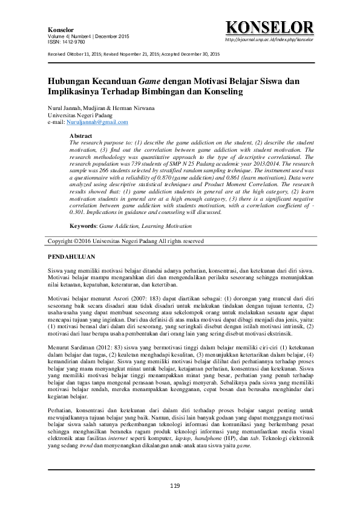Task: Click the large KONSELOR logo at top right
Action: click(x=269, y=27)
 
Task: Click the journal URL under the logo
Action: click(x=269, y=39)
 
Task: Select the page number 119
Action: click(x=175, y=486)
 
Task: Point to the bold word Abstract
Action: click(x=80, y=136)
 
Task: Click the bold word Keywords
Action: click(x=83, y=225)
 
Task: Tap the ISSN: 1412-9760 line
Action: click(x=66, y=42)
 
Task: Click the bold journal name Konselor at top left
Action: click(x=60, y=30)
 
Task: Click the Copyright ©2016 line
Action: click(x=126, y=241)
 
